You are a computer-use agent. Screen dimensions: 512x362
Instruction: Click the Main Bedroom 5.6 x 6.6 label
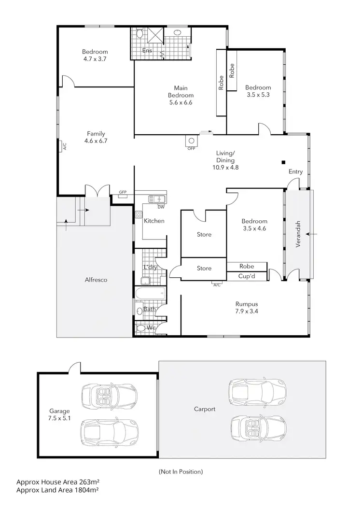181,95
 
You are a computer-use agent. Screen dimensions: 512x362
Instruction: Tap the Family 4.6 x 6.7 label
96,138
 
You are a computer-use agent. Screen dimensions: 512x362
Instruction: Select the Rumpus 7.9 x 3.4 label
246,308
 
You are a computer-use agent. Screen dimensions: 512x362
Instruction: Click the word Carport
205,409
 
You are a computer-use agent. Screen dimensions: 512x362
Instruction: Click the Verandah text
299,234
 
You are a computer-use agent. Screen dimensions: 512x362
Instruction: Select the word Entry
295,172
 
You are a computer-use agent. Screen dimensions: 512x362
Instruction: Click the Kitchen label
154,221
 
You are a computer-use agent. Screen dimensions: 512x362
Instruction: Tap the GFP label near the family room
122,192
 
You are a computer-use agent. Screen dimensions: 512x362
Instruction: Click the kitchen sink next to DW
157,199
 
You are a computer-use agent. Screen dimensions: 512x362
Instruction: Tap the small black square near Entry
284,162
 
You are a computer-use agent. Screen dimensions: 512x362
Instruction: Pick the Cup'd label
246,277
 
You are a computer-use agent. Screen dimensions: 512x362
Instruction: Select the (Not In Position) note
181,471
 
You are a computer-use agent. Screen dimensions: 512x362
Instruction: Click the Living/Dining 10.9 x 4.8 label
225,160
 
